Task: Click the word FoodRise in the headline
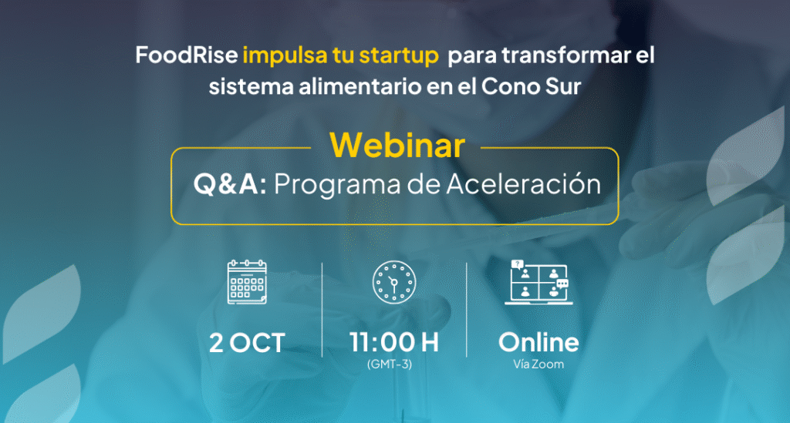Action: point(187,55)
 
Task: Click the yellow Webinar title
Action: point(397,146)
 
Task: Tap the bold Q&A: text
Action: point(230,183)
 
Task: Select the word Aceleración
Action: point(524,183)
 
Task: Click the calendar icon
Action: point(247,282)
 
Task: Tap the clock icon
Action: point(394,282)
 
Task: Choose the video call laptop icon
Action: point(538,282)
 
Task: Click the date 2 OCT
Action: point(247,343)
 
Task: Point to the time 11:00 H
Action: point(394,343)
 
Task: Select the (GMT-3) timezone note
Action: point(390,364)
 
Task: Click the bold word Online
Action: point(538,343)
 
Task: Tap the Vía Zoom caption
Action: point(538,364)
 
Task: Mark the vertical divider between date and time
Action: point(322,310)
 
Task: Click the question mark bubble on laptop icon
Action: point(517,264)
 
